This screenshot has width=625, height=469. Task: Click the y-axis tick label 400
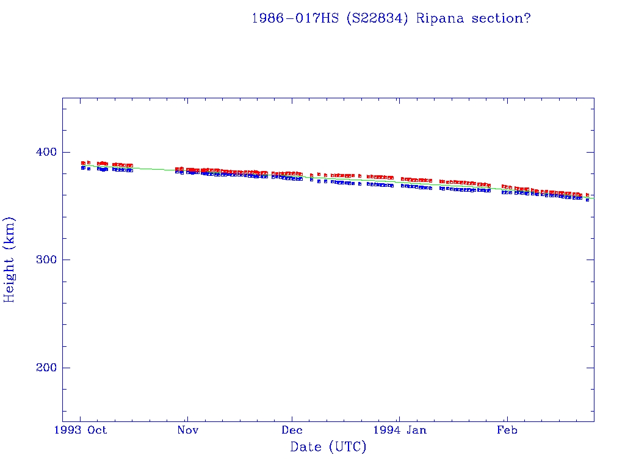point(43,152)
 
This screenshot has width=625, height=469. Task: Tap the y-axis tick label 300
point(43,260)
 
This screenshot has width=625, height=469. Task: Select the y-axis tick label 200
point(43,368)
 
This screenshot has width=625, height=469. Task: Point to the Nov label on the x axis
point(187,430)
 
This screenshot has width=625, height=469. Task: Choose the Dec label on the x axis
point(292,430)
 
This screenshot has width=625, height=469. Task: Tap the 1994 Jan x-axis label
point(399,430)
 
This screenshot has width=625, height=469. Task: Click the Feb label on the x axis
point(507,430)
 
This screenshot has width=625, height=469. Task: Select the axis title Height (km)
point(10,260)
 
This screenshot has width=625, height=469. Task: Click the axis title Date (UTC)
point(328,448)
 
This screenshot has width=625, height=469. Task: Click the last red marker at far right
point(587,195)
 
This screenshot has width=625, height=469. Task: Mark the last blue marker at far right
point(587,200)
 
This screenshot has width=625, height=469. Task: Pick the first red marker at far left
point(83,163)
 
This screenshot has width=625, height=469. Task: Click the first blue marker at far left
point(83,167)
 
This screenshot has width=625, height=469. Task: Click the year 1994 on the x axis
point(386,430)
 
